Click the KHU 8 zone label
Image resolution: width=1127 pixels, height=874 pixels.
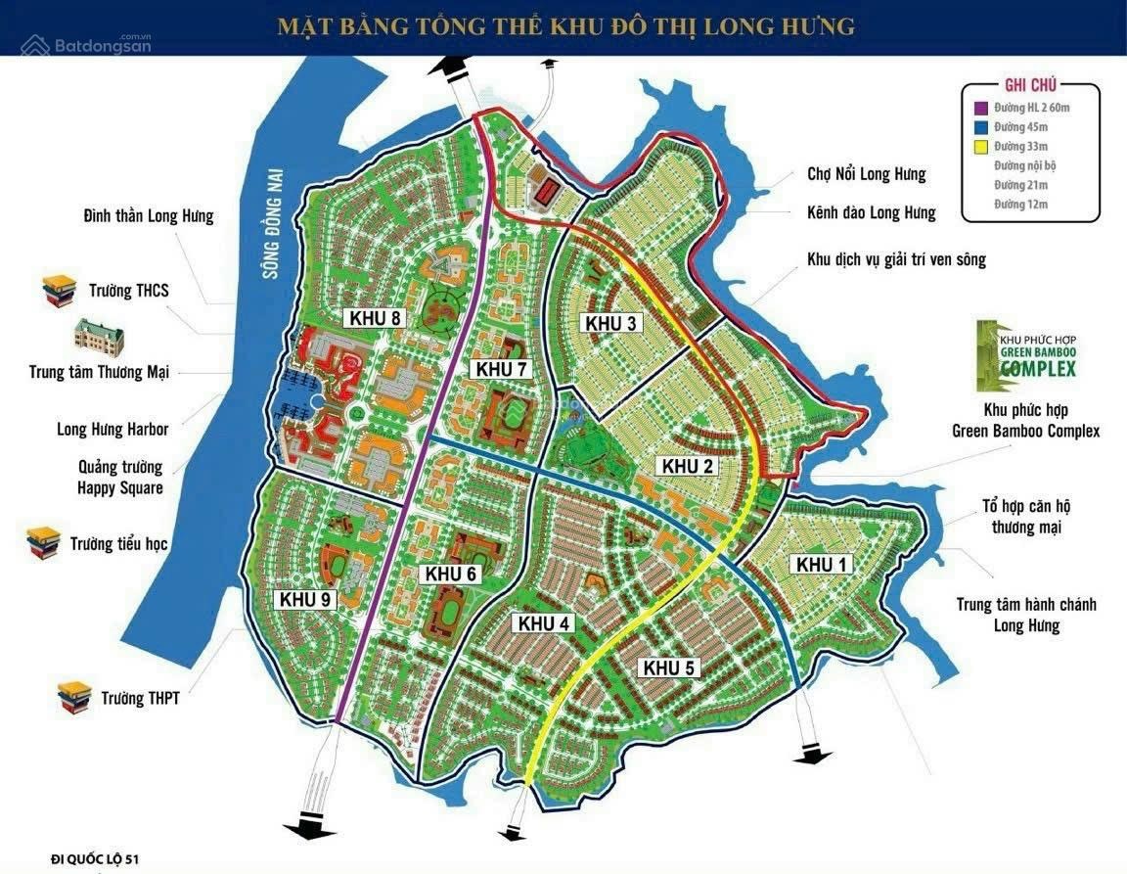pyautogui.click(x=375, y=318)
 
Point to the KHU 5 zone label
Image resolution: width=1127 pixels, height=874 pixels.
pyautogui.click(x=669, y=668)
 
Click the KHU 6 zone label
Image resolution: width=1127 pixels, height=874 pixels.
pyautogui.click(x=451, y=575)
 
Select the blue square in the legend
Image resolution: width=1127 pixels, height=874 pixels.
pyautogui.click(x=981, y=127)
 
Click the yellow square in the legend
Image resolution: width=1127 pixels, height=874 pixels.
pyautogui.click(x=981, y=147)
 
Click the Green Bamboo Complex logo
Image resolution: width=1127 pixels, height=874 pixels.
pyautogui.click(x=1024, y=353)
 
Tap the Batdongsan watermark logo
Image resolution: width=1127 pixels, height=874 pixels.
pyautogui.click(x=86, y=44)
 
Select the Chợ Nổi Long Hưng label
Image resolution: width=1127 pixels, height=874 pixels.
pyautogui.click(x=866, y=175)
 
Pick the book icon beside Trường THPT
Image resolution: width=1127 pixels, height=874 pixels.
pyautogui.click(x=74, y=696)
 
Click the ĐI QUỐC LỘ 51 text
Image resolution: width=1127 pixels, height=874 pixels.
pyautogui.click(x=99, y=858)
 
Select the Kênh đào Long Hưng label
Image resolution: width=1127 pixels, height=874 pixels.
pyautogui.click(x=871, y=213)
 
